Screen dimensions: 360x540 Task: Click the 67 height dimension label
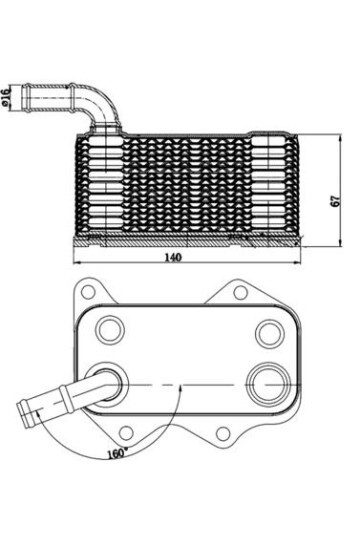pos(336,200)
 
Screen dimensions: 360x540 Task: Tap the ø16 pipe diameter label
pos(6,96)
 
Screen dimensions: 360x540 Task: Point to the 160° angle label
pos(117,453)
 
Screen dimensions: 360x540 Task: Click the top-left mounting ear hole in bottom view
pos(89,293)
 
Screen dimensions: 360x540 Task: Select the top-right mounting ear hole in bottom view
pos(240,293)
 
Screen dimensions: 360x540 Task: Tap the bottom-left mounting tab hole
pos(126,433)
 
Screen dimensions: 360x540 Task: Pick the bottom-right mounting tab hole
pos(224,433)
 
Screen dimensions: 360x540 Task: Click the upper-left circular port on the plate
pos(110,330)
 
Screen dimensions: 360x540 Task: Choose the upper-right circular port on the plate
pos(270,332)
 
